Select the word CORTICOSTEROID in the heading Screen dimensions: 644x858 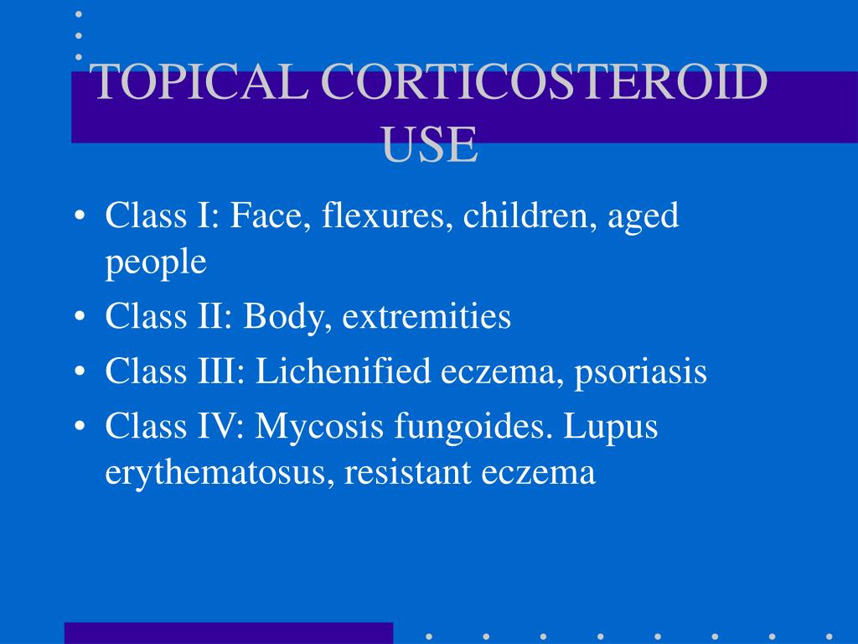(544, 83)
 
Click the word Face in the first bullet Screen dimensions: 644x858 (261, 216)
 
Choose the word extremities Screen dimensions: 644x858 (426, 317)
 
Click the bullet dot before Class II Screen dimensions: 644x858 (79, 318)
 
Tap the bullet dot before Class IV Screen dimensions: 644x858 (79, 427)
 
